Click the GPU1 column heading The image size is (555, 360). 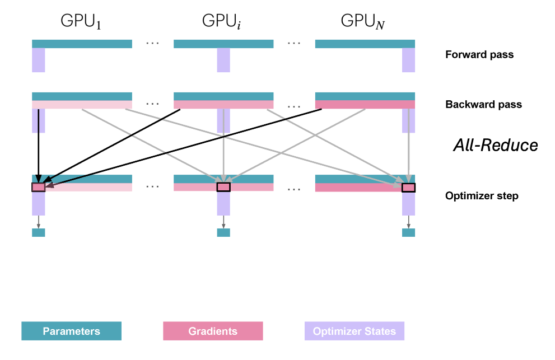pyautogui.click(x=81, y=22)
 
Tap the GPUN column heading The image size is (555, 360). pyautogui.click(x=364, y=22)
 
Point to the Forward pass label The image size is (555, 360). pyautogui.click(x=479, y=55)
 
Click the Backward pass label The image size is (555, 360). pyautogui.click(x=483, y=105)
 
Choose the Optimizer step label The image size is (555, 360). pyautogui.click(x=482, y=196)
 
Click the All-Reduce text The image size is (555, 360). pyautogui.click(x=495, y=146)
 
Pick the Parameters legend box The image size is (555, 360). pyautogui.click(x=71, y=331)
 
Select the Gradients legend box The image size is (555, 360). pyautogui.click(x=213, y=331)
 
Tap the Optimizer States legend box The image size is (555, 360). pyautogui.click(x=354, y=331)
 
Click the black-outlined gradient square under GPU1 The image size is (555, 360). pyautogui.click(x=38, y=187)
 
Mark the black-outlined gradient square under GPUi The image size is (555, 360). pyautogui.click(x=223, y=187)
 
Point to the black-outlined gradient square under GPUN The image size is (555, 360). pyautogui.click(x=408, y=187)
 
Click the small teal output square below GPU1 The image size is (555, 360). pyautogui.click(x=38, y=232)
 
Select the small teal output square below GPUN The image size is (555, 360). pyautogui.click(x=408, y=232)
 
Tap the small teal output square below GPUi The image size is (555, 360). pyautogui.click(x=223, y=232)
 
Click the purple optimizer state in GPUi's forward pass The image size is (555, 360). pyautogui.click(x=223, y=60)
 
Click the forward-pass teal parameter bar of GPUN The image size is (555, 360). pyautogui.click(x=365, y=44)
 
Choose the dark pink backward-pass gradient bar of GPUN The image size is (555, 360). pyautogui.click(x=365, y=105)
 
